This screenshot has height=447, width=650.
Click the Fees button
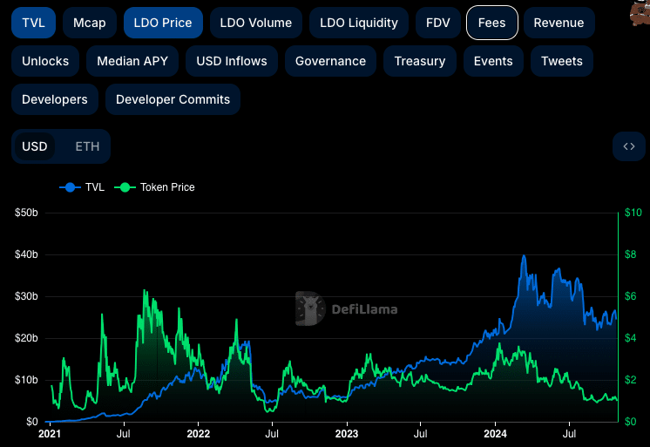(492, 23)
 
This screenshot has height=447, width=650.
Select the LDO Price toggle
(163, 23)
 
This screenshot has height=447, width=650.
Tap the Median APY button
(132, 61)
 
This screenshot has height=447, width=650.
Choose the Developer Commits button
(173, 99)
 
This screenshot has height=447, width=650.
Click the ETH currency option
(87, 146)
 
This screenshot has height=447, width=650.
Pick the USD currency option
(34, 146)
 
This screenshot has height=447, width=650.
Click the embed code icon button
(629, 146)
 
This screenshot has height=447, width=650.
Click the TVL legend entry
(82, 187)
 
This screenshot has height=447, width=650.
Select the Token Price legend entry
(154, 187)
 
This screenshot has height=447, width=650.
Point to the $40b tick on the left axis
(26, 254)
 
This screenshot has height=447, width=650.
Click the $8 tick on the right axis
(631, 254)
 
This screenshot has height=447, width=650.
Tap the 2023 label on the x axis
(347, 434)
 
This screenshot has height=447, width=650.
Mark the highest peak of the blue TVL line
(524, 255)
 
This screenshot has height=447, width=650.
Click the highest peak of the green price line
(145, 290)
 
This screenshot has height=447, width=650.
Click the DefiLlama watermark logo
(347, 309)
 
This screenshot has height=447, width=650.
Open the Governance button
(330, 61)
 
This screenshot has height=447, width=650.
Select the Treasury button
(420, 61)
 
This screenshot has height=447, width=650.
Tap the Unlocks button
(45, 61)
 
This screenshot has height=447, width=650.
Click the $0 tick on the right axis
(631, 422)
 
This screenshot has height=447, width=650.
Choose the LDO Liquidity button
(359, 23)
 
